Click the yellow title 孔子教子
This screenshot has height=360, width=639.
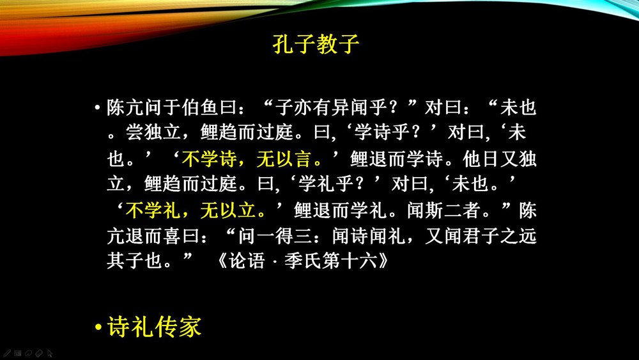[316, 44]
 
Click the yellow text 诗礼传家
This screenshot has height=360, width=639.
[155, 327]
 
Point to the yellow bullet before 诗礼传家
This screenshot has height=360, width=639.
[98, 327]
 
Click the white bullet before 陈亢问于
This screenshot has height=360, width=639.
[97, 107]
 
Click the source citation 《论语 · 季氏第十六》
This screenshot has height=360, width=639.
[302, 261]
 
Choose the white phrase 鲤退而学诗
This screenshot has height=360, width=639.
[396, 159]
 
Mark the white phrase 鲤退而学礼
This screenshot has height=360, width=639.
[340, 210]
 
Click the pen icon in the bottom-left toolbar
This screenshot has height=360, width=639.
[6, 353]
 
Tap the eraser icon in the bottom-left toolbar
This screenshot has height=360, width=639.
[39, 353]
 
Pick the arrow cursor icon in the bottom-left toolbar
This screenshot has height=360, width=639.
[50, 353]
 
